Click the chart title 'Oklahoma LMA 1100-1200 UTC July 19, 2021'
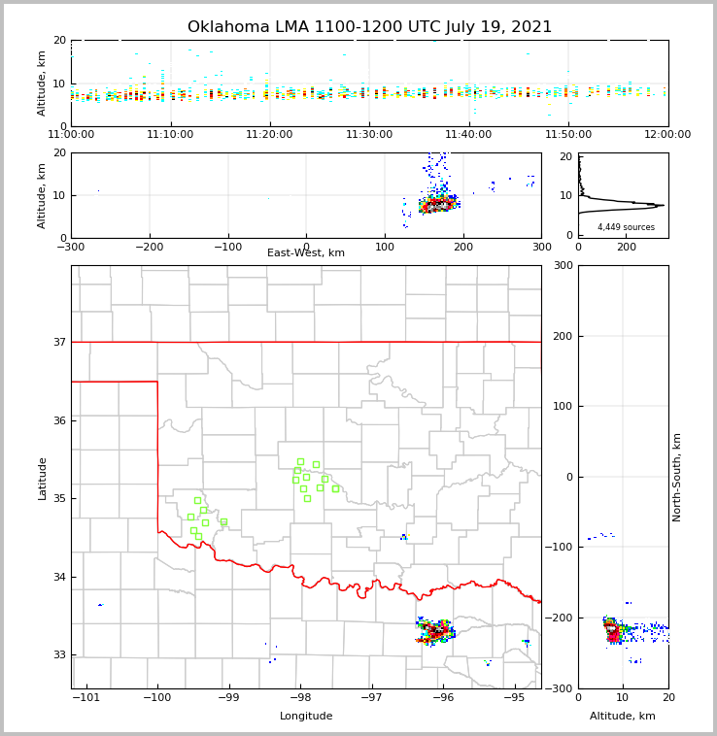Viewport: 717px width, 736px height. click(x=369, y=27)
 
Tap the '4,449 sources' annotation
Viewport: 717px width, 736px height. click(x=626, y=227)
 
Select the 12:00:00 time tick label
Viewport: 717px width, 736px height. click(x=666, y=134)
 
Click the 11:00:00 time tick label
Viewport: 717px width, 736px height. click(x=72, y=134)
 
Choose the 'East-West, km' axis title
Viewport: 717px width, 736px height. click(x=306, y=253)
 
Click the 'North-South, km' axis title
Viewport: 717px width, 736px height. click(x=677, y=477)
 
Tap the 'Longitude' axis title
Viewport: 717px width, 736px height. click(x=306, y=717)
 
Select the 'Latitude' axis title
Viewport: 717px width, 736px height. click(x=42, y=478)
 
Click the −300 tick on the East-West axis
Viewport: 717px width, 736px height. click(x=71, y=247)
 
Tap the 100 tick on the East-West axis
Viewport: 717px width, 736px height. click(x=385, y=247)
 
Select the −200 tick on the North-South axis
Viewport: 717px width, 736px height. click(x=560, y=618)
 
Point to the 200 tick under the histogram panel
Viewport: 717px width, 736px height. click(x=627, y=247)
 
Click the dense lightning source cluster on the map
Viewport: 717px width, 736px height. click(x=436, y=632)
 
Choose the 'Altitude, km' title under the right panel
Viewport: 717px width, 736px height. click(x=623, y=717)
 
